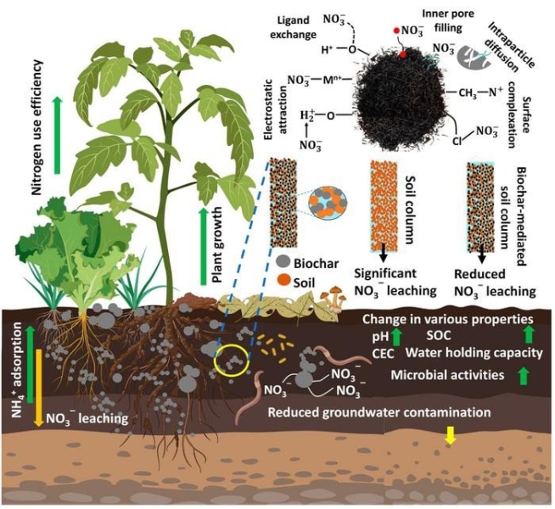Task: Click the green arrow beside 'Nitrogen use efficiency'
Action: pyautogui.click(x=57, y=131)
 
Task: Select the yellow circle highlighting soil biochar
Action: pyautogui.click(x=232, y=360)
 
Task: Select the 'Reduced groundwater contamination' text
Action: pyautogui.click(x=379, y=412)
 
